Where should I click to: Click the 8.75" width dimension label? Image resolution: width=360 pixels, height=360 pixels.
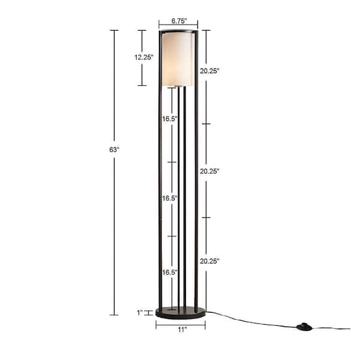coord(179,21)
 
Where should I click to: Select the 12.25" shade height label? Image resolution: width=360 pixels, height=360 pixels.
coord(144,57)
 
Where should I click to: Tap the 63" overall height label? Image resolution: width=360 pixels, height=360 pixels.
coord(115,149)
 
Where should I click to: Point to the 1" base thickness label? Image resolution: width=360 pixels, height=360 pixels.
coord(140,313)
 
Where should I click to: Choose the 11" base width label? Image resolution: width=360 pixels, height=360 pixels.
coord(182,329)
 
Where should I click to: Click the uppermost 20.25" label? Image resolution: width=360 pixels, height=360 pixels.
coord(209,71)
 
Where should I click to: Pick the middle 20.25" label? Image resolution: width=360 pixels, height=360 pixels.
coord(209,171)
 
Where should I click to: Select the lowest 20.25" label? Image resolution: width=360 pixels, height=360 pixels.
coord(209,261)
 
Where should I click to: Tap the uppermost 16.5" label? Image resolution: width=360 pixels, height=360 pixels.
coord(170,119)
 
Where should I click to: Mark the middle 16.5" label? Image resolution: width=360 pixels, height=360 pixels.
coord(170,198)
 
